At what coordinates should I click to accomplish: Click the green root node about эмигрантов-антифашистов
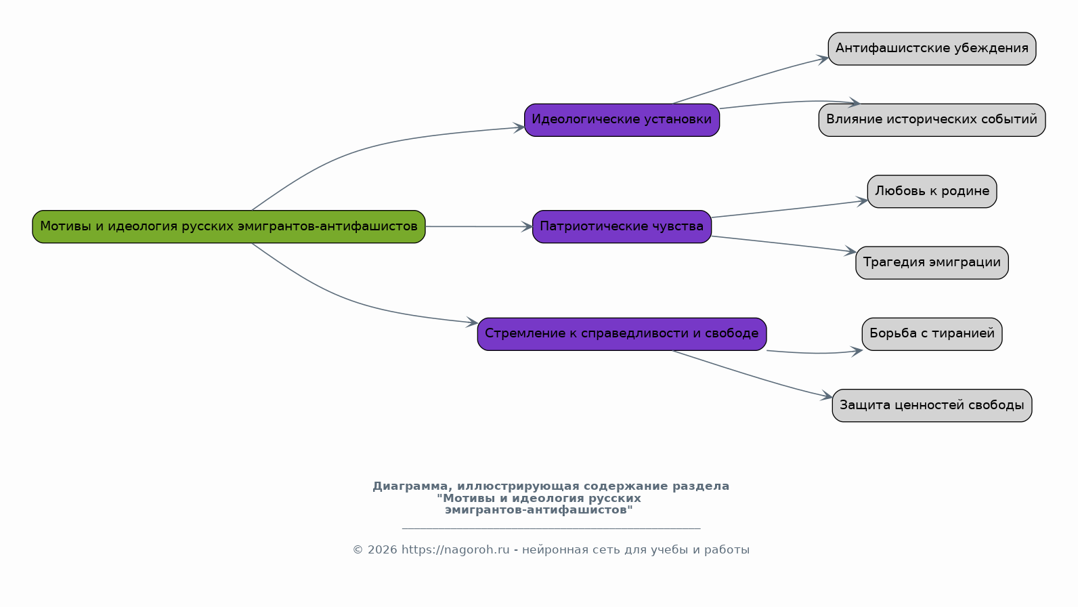click(x=229, y=227)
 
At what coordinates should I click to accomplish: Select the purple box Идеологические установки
click(x=622, y=120)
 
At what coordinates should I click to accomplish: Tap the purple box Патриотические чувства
click(x=622, y=227)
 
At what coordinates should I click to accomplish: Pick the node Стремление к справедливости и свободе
click(x=622, y=334)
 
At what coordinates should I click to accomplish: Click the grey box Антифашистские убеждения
click(x=932, y=49)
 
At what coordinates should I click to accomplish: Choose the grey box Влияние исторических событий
click(x=932, y=120)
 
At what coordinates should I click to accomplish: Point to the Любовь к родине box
click(x=932, y=192)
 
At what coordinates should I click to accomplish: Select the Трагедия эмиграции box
click(x=932, y=263)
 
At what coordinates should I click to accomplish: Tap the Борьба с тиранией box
click(x=932, y=334)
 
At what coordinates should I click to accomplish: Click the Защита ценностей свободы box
click(x=932, y=406)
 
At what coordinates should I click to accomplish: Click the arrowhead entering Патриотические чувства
click(x=527, y=227)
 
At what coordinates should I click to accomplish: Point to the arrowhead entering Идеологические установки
click(x=519, y=127)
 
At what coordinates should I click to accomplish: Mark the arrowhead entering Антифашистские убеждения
click(x=823, y=59)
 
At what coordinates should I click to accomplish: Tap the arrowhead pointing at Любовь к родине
click(x=862, y=201)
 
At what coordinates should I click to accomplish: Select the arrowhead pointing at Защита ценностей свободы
click(x=827, y=396)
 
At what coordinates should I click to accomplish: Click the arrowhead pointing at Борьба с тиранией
click(x=857, y=352)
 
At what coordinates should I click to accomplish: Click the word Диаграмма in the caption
click(x=412, y=486)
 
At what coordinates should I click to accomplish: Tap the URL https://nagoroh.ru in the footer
click(x=455, y=549)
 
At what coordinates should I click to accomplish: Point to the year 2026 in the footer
click(x=383, y=549)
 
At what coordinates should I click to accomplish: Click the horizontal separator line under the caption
click(x=551, y=528)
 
